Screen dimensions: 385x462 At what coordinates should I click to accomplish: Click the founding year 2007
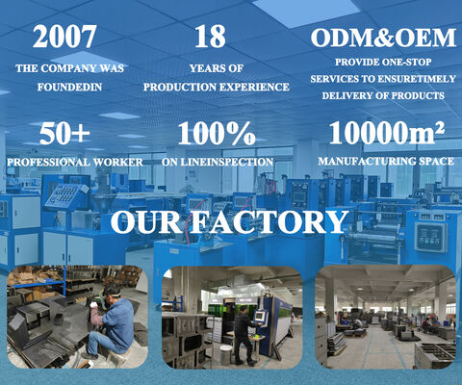point(64,37)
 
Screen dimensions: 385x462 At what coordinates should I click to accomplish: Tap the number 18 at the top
point(210,37)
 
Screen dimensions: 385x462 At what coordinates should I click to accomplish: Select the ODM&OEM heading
point(380,38)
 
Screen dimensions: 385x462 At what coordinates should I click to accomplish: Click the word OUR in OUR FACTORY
point(145,222)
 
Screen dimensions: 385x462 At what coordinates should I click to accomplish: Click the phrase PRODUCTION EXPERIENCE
point(217,87)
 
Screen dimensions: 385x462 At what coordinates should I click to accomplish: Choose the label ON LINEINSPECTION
point(218,162)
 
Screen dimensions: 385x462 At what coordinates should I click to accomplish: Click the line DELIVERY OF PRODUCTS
point(382,95)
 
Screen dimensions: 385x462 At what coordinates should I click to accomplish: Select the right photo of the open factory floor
point(385,318)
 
